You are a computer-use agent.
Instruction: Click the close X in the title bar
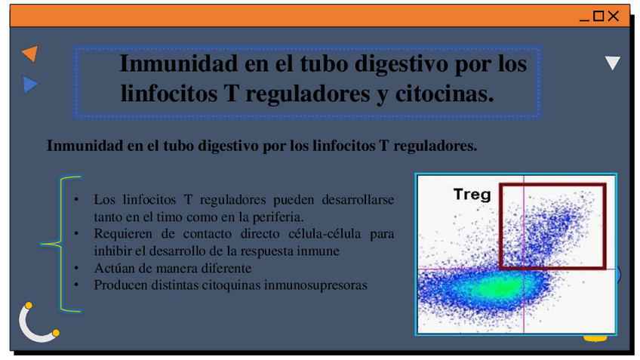click(614, 16)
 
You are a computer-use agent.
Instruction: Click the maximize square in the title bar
click(598, 16)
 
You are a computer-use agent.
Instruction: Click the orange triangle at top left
click(30, 54)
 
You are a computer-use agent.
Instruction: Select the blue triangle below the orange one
click(30, 85)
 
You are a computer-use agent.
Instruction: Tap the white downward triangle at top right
click(613, 63)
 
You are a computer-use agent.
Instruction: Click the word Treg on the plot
click(472, 195)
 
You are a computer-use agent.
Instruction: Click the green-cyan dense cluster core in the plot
click(494, 288)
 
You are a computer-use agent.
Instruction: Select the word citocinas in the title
click(445, 94)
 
